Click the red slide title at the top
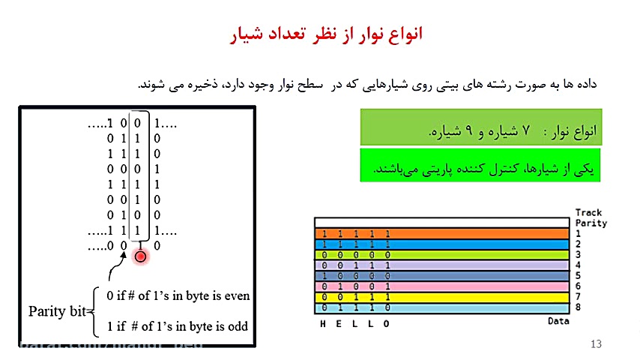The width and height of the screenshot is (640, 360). tap(325, 34)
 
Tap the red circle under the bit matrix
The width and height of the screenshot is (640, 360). tap(140, 256)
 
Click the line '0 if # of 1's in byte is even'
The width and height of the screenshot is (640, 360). tap(178, 295)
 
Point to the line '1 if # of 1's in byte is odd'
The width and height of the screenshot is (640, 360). tap(177, 326)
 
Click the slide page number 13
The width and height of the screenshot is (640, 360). tap(597, 344)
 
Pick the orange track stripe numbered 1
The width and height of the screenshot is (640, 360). tap(442, 233)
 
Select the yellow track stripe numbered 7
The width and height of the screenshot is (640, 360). tap(442, 296)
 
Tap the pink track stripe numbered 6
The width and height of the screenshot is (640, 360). tap(442, 286)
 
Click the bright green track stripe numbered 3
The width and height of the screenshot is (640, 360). tap(442, 254)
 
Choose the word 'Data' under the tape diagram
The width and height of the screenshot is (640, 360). tap(558, 321)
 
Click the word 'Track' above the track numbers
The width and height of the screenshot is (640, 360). tap(589, 213)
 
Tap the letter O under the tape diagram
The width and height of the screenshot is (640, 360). tap(387, 324)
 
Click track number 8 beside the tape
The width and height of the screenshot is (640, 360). tap(579, 307)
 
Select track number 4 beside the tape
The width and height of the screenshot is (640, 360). tap(579, 265)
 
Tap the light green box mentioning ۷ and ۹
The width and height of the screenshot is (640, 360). tap(480, 127)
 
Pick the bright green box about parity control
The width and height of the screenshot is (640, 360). tap(480, 164)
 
